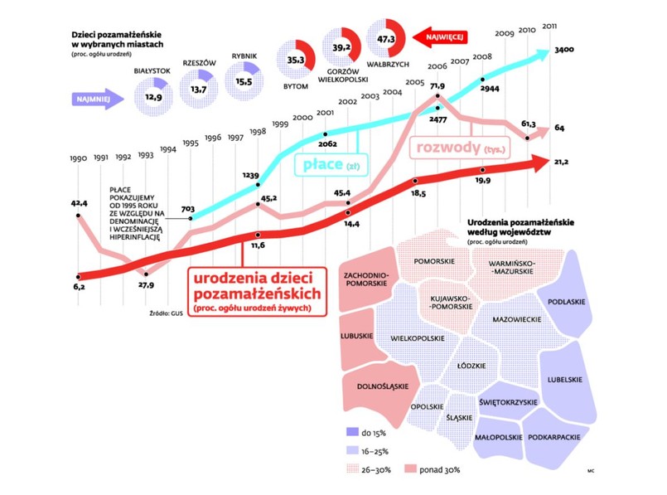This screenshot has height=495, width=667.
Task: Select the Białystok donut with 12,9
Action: [x=153, y=97]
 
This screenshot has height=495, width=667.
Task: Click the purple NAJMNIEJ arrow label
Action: [x=94, y=97]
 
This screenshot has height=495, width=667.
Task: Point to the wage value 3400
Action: [x=564, y=51]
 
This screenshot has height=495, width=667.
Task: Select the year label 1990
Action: [x=78, y=157]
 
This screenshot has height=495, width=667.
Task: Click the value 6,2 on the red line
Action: [x=78, y=286]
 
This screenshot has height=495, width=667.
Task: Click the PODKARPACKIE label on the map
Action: [x=553, y=437]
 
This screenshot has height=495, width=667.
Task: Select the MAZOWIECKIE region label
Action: [x=517, y=318]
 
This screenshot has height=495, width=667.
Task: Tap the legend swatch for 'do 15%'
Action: [x=351, y=433]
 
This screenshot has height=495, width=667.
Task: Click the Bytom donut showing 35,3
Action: [x=296, y=60]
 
